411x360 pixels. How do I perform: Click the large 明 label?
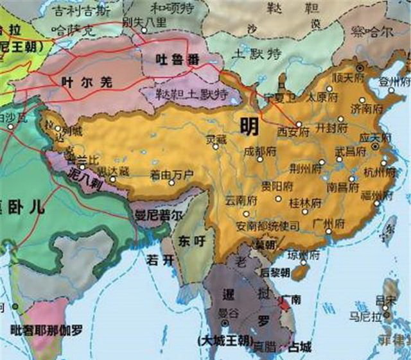click(249, 125)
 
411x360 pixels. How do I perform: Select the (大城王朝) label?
click(225, 339)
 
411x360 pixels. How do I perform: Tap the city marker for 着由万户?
click(171, 183)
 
